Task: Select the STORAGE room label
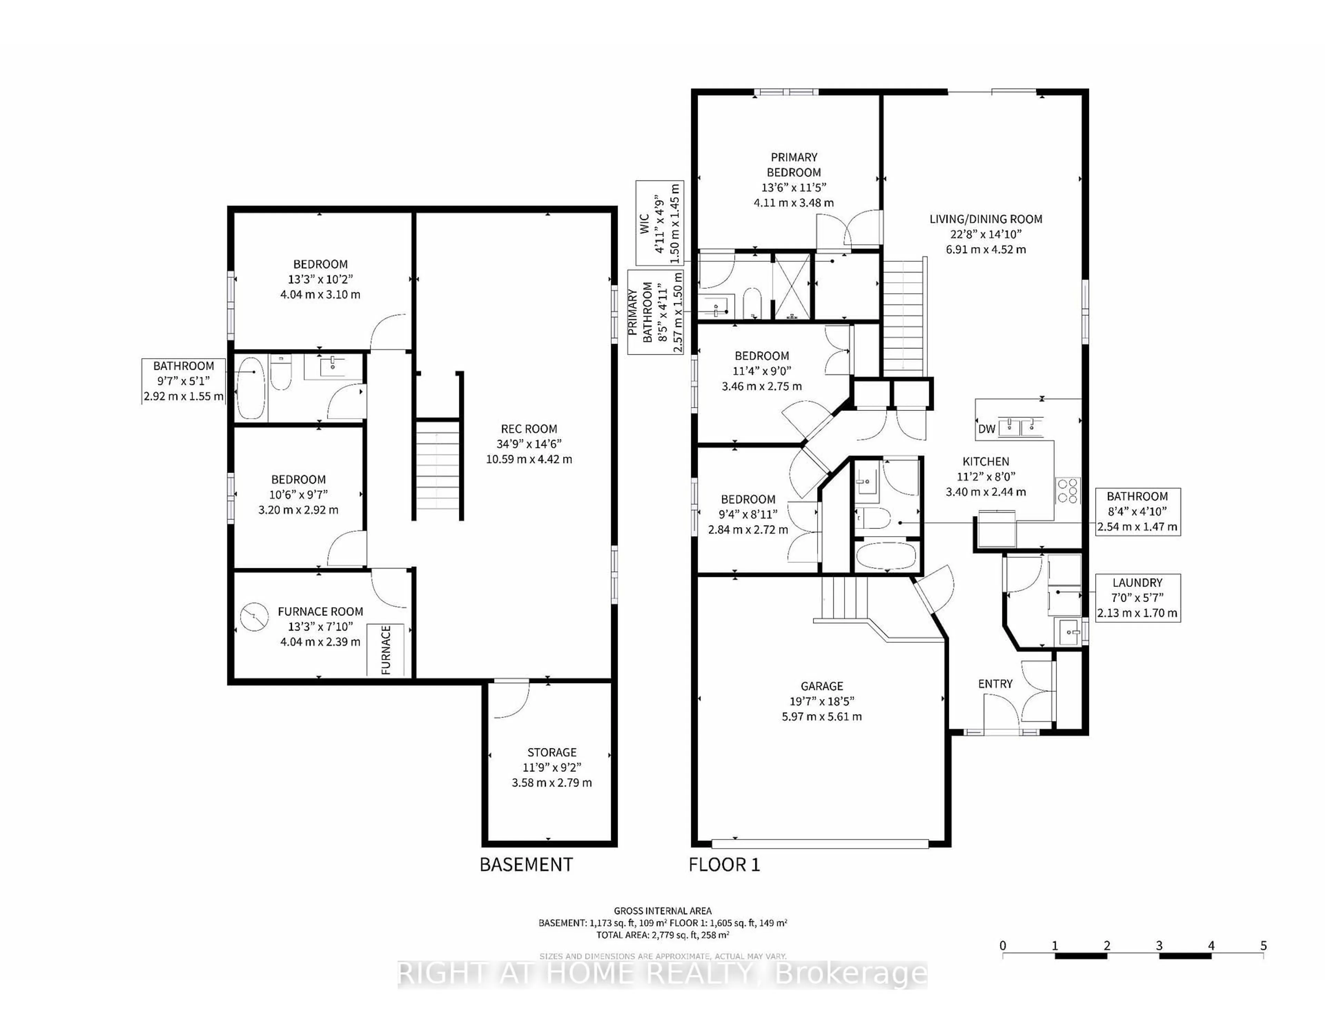click(x=551, y=752)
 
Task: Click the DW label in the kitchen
click(x=987, y=429)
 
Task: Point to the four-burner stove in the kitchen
click(x=1068, y=490)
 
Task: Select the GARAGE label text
click(x=822, y=686)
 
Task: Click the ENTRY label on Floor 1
click(x=995, y=684)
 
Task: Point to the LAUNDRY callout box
click(x=1137, y=598)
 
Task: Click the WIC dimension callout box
click(x=659, y=222)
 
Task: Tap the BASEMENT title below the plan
click(x=526, y=865)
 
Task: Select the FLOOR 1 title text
click(x=724, y=865)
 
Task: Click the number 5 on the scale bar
click(x=1263, y=946)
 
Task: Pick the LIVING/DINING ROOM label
click(x=986, y=219)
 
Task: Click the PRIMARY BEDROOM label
click(x=794, y=164)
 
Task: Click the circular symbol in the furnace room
click(x=254, y=618)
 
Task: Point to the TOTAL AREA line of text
click(x=662, y=935)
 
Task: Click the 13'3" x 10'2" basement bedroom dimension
click(x=320, y=279)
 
